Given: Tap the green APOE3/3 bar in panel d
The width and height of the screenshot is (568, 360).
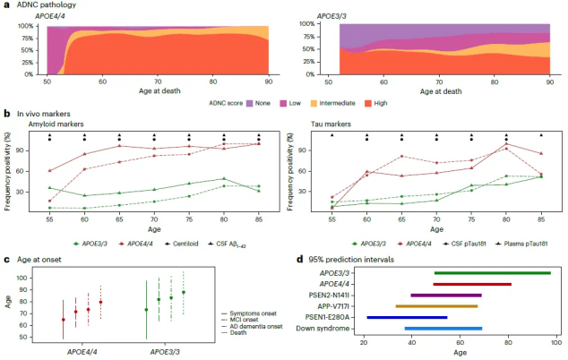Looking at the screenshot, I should (x=492, y=273).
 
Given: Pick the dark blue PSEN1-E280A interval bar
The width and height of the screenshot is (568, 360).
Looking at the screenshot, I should (x=406, y=317).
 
